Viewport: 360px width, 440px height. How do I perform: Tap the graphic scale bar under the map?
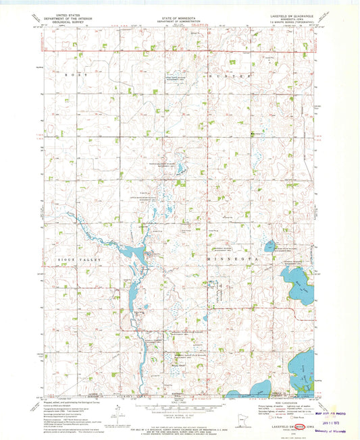click(x=179, y=406)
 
